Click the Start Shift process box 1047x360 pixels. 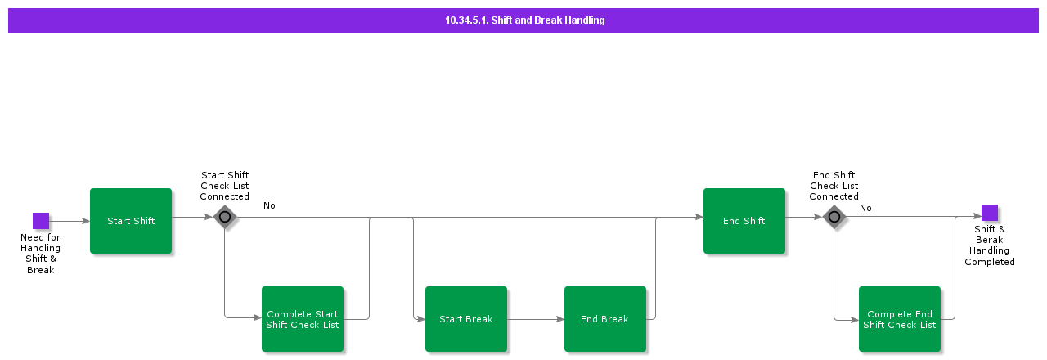[x=131, y=221]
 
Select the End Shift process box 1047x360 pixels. [x=744, y=221]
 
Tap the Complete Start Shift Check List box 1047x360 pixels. [x=303, y=319]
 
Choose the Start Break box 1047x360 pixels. [x=465, y=319]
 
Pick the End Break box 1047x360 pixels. [x=604, y=319]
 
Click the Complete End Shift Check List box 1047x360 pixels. [x=899, y=319]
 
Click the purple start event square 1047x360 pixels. [x=41, y=221]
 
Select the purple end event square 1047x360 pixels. [x=989, y=213]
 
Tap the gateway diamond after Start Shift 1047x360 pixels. [x=225, y=217]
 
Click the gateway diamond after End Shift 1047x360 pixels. [x=834, y=217]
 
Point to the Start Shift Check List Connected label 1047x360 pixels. [x=225, y=186]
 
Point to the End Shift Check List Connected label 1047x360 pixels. [x=834, y=186]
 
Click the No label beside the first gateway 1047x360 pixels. [x=269, y=205]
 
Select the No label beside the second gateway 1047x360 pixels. [x=865, y=208]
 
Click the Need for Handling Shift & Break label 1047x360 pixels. [x=41, y=254]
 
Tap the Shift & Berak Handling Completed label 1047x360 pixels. [x=989, y=245]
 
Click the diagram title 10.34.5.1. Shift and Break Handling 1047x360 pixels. [x=524, y=20]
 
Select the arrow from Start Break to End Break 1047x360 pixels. [x=535, y=319]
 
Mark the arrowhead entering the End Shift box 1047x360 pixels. [x=699, y=217]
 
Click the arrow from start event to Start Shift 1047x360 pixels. [x=70, y=221]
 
